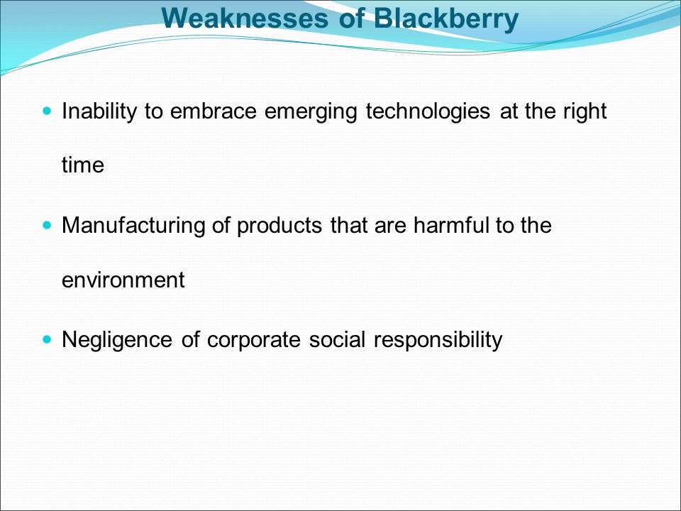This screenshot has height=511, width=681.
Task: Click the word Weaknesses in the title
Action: tap(245, 18)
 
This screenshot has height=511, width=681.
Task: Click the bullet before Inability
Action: tap(48, 111)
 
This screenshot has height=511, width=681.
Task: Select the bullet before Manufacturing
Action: tap(48, 225)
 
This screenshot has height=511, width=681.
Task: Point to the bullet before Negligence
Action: tap(48, 339)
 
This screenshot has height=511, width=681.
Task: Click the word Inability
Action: tap(99, 111)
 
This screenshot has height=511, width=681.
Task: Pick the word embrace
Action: tap(214, 111)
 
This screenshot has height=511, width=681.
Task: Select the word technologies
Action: tap(428, 112)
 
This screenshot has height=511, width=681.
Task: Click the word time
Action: tap(83, 165)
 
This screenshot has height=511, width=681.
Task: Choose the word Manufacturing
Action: tap(133, 226)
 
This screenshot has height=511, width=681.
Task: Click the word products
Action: tap(279, 226)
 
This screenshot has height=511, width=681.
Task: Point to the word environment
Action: tap(123, 280)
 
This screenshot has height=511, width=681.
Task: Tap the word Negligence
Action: tap(117, 340)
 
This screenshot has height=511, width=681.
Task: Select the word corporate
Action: tap(254, 340)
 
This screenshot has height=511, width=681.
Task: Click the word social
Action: tap(337, 339)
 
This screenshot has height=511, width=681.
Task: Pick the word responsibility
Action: tap(438, 340)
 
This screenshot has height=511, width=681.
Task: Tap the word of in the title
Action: tap(350, 18)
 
